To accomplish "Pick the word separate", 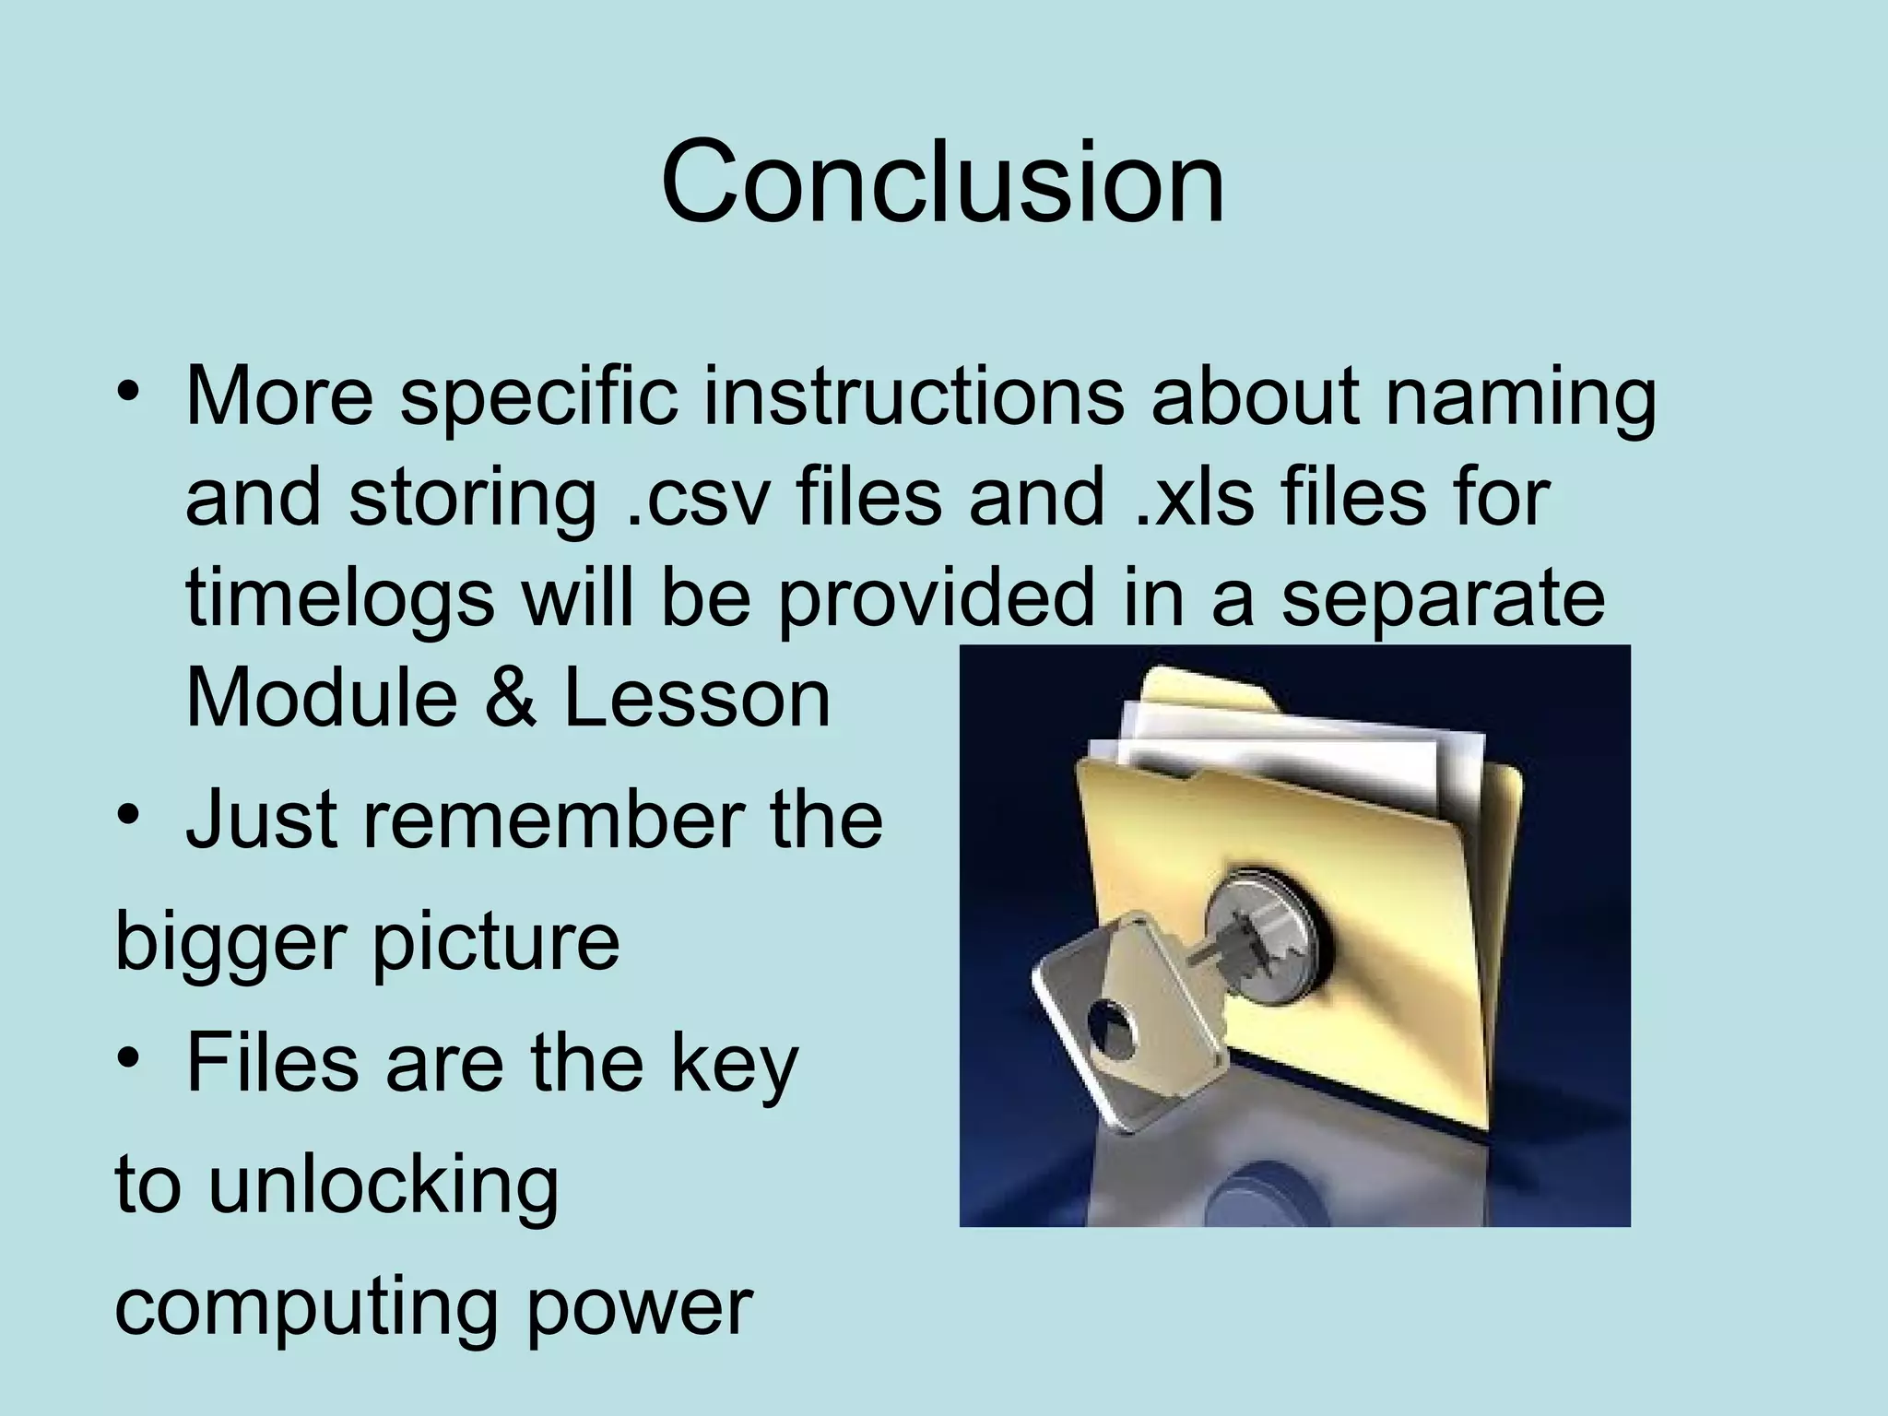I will click(1443, 599).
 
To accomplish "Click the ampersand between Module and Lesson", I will click(510, 699).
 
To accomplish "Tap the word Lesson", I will click(696, 699).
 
